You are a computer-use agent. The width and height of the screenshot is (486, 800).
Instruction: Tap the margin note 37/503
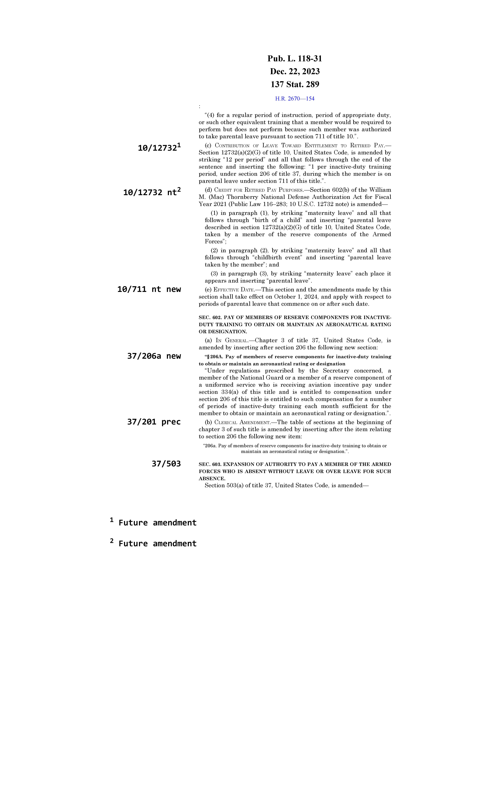(x=166, y=464)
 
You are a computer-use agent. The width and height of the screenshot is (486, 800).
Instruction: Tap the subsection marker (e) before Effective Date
(x=208, y=290)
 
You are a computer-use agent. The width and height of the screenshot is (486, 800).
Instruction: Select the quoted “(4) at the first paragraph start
(x=210, y=115)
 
